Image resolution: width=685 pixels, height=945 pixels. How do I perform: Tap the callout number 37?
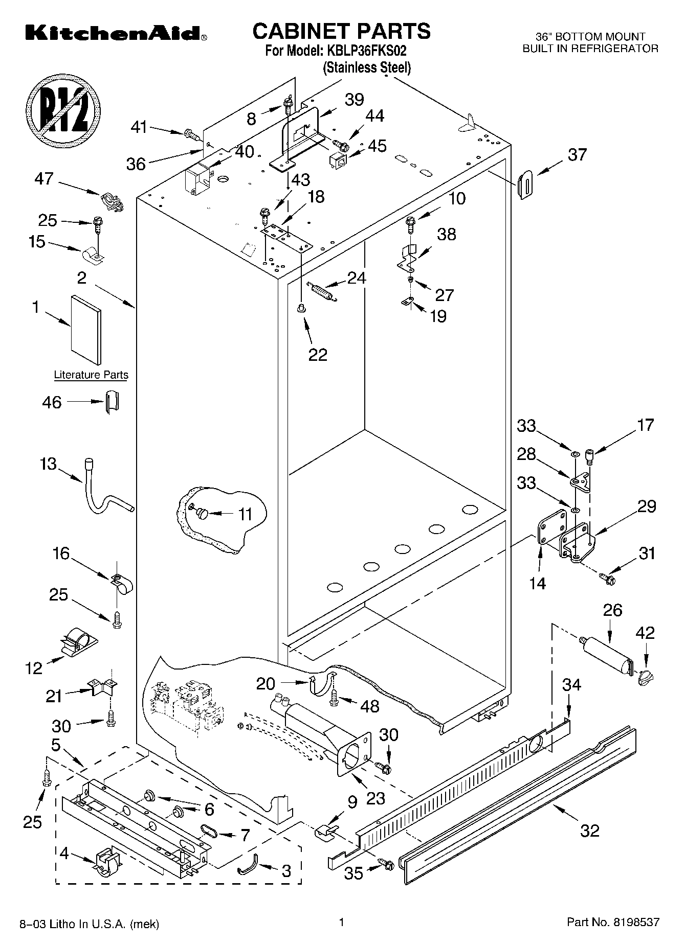coord(577,154)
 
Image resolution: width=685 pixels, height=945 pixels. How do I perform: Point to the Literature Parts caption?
coord(91,375)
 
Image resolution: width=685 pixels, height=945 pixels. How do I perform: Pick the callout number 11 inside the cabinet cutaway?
coord(246,514)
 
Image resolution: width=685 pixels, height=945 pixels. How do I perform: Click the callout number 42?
coord(645,633)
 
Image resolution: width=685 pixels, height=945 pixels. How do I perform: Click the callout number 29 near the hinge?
coord(647,506)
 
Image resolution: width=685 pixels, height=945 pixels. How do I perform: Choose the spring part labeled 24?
coord(320,291)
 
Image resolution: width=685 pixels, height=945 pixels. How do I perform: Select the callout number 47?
coord(44,179)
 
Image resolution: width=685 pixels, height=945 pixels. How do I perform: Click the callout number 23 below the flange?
coord(375,798)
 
